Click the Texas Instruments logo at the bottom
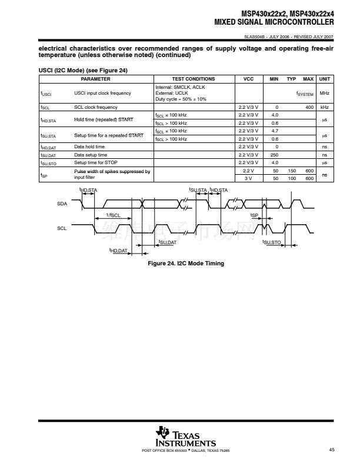[x=185, y=435]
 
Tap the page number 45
[x=332, y=450]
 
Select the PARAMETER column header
[x=95, y=79]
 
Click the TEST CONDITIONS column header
[x=194, y=79]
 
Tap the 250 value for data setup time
[x=274, y=155]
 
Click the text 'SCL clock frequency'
[x=96, y=107]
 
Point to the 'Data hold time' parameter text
[x=89, y=147]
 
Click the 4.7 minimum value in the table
[x=274, y=131]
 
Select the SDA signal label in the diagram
[x=62, y=203]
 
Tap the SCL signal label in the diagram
[x=62, y=228]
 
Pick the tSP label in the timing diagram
[x=254, y=215]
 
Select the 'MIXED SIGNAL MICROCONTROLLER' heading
[x=274, y=22]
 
